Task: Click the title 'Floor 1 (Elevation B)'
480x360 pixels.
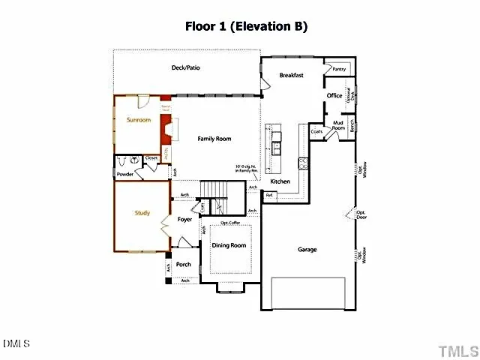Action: pyautogui.click(x=246, y=26)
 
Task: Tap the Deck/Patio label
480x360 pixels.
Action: pyautogui.click(x=185, y=68)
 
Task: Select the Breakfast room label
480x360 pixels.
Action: pyautogui.click(x=291, y=76)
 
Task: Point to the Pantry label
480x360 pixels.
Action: pyautogui.click(x=339, y=69)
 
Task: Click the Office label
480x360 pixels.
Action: pyautogui.click(x=334, y=95)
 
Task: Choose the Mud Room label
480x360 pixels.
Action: pyautogui.click(x=338, y=126)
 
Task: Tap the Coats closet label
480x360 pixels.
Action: pyautogui.click(x=316, y=131)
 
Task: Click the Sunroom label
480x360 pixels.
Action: pyautogui.click(x=139, y=120)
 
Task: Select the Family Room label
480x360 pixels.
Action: pyautogui.click(x=214, y=139)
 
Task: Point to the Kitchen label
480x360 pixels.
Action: pyautogui.click(x=280, y=181)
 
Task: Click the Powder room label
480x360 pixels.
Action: pyautogui.click(x=124, y=174)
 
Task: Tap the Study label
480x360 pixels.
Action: pyautogui.click(x=142, y=213)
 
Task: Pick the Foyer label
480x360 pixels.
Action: pyautogui.click(x=184, y=220)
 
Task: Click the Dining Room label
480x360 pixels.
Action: pyautogui.click(x=229, y=245)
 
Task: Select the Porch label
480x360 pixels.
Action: pyautogui.click(x=183, y=264)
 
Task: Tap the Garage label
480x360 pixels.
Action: pyautogui.click(x=307, y=249)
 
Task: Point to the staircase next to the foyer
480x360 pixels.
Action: pyautogui.click(x=221, y=197)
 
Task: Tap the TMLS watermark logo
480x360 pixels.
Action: pyautogui.click(x=457, y=350)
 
